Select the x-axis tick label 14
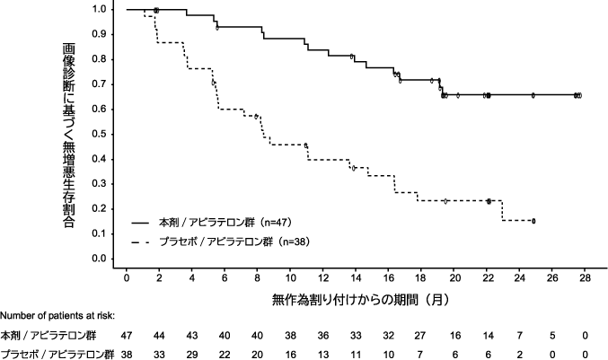pos(356,279)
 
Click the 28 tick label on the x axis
pos(585,279)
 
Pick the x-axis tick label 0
pos(128,279)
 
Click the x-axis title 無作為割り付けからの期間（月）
pos(356,296)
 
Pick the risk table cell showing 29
pos(192,353)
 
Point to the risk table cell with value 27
pos(421,335)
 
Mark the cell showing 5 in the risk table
pos(552,335)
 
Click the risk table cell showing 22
pos(225,353)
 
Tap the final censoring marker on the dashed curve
pos(533,220)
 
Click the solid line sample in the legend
pos(142,222)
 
